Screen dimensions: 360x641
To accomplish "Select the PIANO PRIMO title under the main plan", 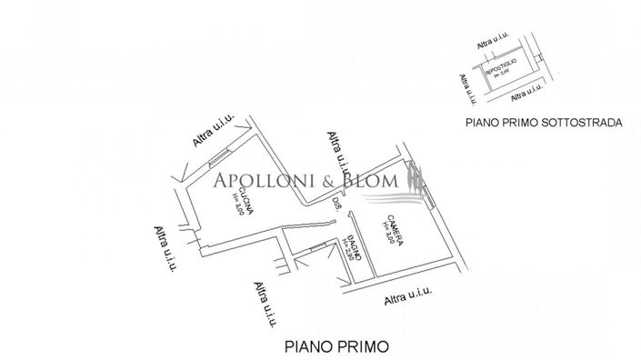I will tap(336, 345).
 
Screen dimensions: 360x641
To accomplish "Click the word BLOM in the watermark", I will tap(369, 181).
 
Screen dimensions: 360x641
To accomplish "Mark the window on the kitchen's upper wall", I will tap(219, 162).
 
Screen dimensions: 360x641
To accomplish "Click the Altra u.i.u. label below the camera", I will tap(407, 295).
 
